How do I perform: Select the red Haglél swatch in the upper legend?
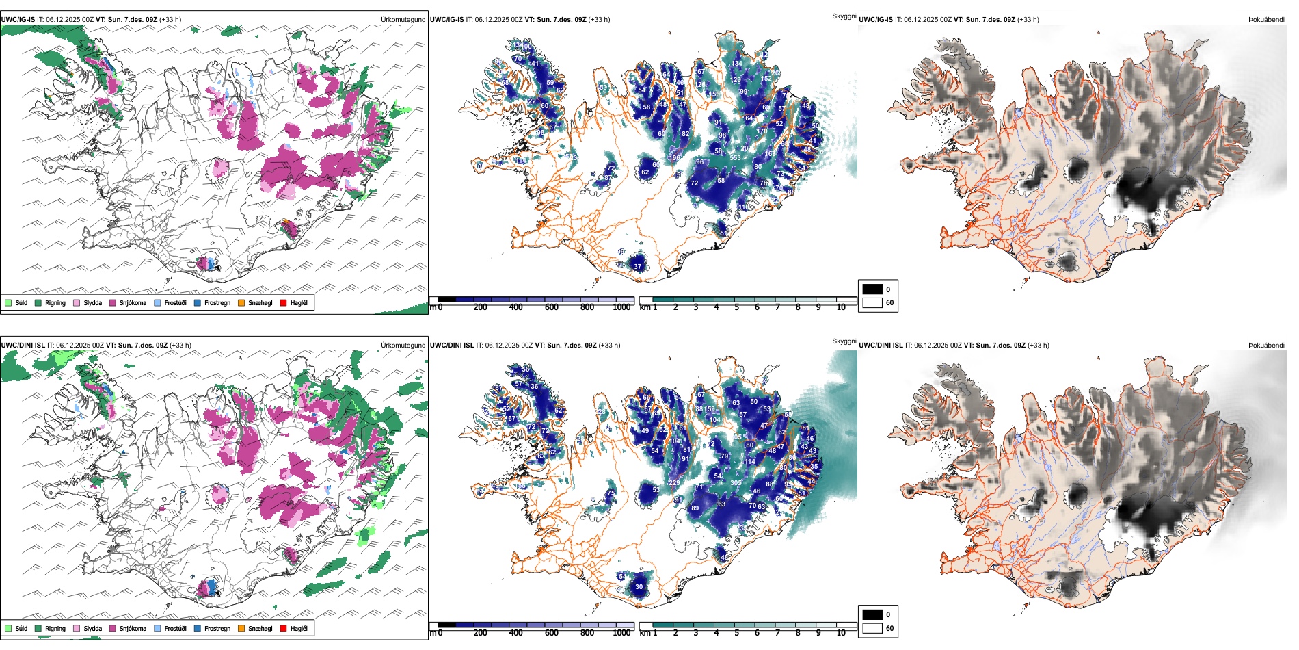point(284,302)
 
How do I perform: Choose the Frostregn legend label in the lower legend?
point(217,628)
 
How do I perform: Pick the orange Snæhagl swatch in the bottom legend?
point(241,628)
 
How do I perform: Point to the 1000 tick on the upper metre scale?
point(621,307)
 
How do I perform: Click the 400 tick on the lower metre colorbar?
point(516,633)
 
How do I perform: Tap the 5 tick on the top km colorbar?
point(737,307)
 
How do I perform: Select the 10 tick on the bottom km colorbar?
point(841,633)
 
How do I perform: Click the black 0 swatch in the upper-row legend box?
point(872,289)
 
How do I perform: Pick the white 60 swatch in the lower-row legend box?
point(872,628)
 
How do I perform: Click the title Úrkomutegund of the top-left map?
point(403,20)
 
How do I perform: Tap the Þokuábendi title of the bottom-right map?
point(1266,346)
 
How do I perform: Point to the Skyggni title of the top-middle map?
point(844,16)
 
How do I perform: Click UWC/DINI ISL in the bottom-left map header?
point(23,346)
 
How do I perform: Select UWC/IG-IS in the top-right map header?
point(876,20)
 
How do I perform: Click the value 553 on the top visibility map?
point(735,158)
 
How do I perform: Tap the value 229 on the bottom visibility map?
point(674,483)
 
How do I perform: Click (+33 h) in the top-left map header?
point(170,20)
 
